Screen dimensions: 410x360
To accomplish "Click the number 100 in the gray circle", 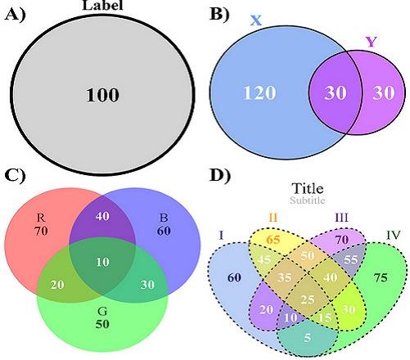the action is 102,95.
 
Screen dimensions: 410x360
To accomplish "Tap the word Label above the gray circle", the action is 102,5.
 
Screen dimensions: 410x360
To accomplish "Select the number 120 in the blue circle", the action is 259,92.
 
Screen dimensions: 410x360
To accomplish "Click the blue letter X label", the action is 256,20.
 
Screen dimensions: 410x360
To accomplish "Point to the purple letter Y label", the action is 372,42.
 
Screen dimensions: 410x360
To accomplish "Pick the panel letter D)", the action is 220,175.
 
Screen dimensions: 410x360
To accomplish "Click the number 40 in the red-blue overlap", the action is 102,216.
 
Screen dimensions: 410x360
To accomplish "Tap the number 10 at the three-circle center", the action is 102,262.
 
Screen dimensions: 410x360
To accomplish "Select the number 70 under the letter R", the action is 41,231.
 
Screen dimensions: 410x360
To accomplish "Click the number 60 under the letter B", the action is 164,231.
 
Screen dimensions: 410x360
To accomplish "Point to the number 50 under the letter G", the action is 102,324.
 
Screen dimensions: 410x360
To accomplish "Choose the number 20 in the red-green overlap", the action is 57,285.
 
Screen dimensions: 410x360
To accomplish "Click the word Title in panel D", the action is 308,188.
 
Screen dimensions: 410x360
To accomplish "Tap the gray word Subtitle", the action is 308,200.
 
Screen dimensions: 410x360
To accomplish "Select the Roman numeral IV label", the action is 394,235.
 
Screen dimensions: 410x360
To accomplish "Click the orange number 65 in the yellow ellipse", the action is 273,240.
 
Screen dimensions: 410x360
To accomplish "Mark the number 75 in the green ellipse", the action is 381,277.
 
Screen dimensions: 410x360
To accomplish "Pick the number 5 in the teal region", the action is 308,338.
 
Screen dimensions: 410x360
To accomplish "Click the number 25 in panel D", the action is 308,299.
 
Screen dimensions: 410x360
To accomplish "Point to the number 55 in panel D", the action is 350,259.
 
